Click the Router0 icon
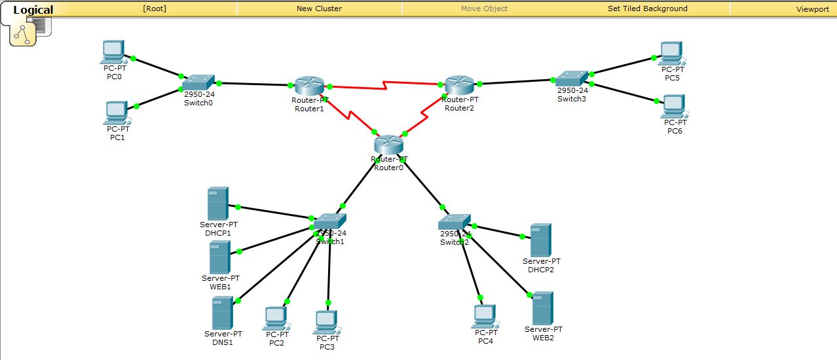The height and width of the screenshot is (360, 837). [389, 145]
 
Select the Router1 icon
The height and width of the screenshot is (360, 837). [309, 86]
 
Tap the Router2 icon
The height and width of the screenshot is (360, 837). [459, 85]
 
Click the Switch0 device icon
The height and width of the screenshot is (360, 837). [198, 82]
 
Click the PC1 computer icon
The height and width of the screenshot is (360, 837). [117, 113]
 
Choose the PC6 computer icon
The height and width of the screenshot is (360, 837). [673, 106]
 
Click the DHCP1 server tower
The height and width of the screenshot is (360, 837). [217, 204]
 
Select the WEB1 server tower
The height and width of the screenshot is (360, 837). [219, 257]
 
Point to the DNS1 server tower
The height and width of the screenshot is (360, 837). [222, 313]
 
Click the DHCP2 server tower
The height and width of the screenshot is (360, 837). [540, 240]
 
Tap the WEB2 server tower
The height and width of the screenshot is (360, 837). [542, 308]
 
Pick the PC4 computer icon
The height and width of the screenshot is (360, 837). [484, 316]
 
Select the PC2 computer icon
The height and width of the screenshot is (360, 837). [276, 319]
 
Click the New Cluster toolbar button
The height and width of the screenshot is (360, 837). [319, 9]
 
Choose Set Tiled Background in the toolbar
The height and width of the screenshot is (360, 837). [647, 9]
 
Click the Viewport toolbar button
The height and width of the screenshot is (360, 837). [812, 9]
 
